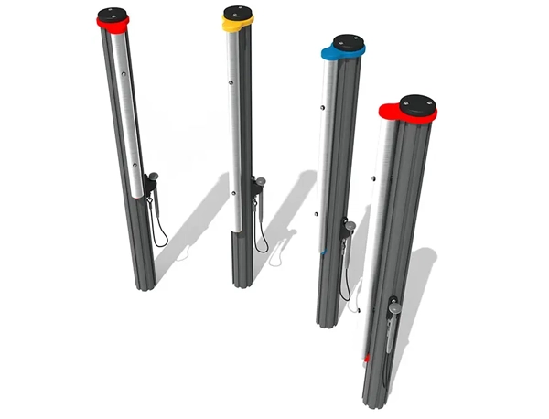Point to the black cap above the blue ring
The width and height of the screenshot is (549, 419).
point(348,42)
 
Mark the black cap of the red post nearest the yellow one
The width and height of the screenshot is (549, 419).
point(113,15)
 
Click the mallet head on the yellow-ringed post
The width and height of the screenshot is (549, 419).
point(261,182)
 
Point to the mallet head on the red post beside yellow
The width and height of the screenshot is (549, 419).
point(153,176)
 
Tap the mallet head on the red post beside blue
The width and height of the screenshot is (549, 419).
point(393,308)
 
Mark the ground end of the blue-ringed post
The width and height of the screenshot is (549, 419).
point(328,322)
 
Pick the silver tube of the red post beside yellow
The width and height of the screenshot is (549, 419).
point(127,119)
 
